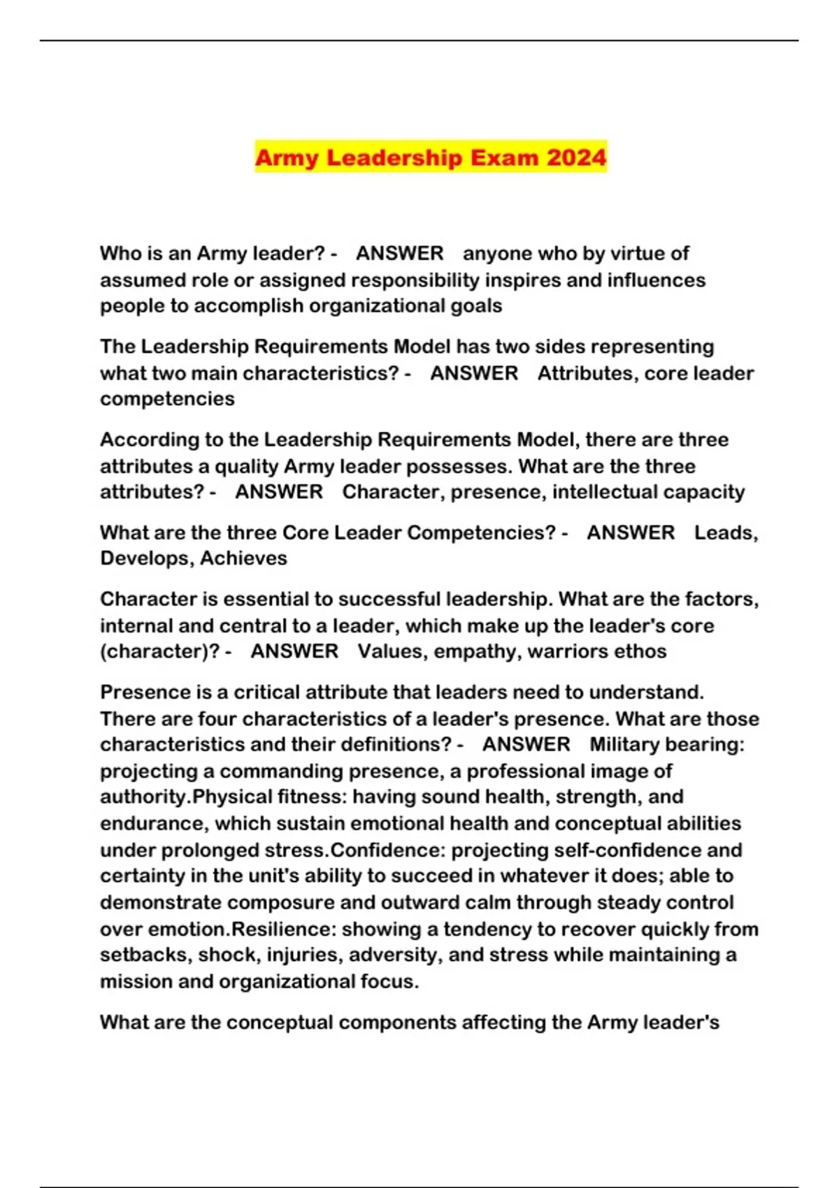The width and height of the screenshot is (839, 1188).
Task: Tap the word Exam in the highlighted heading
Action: (504, 157)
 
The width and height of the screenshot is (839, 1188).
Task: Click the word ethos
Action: (637, 651)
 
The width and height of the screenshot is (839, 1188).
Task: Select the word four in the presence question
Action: (217, 718)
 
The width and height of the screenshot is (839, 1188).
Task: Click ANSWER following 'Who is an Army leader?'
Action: (399, 253)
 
